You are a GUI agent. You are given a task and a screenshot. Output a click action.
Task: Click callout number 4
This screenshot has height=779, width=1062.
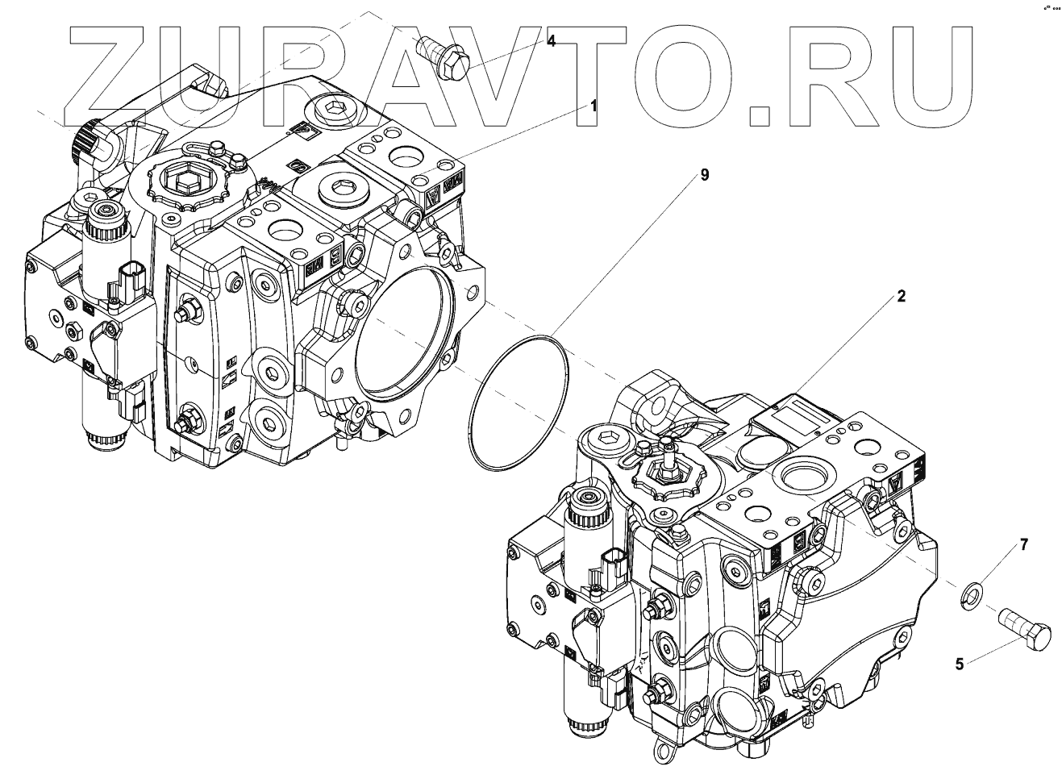(551, 41)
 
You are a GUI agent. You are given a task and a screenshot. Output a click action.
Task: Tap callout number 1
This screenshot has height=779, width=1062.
(593, 106)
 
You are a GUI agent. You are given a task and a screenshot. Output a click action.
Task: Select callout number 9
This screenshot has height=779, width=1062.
(704, 174)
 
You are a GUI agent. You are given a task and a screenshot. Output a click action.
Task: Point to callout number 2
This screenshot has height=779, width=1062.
(902, 296)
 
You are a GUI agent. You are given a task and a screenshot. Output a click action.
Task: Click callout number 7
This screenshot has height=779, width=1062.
(1024, 545)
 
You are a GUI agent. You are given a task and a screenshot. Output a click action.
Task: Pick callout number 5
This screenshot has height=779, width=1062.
(959, 664)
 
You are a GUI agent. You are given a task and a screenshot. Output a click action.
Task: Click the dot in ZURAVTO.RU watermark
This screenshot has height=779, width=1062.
(762, 114)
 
